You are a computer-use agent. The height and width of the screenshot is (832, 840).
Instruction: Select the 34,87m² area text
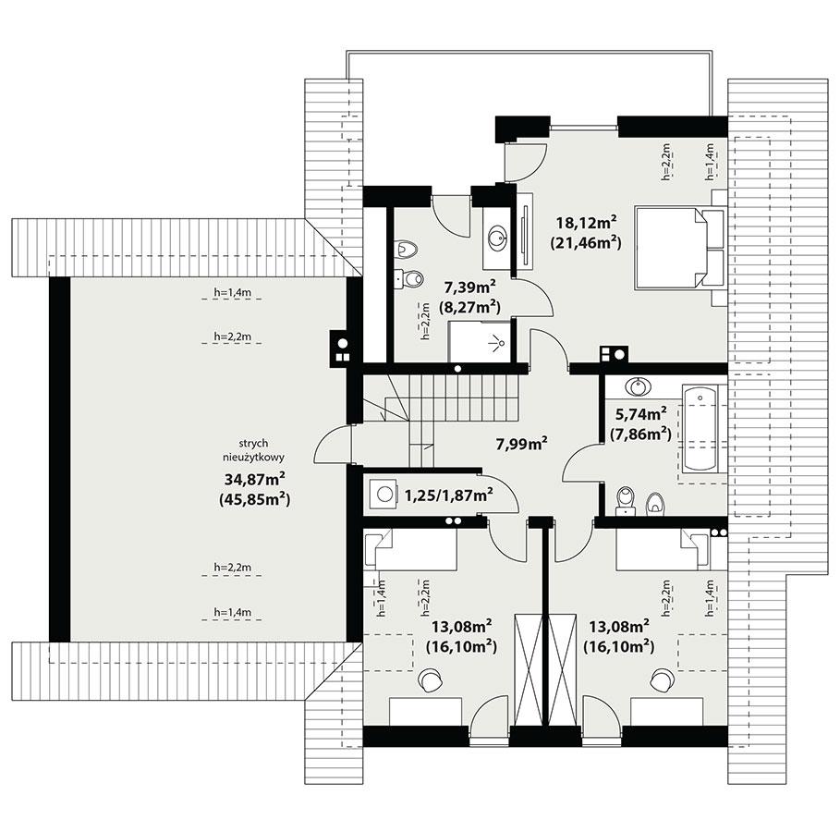(252, 479)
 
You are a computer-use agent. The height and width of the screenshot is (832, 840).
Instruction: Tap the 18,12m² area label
(585, 223)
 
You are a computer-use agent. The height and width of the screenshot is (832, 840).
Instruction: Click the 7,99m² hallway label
(521, 443)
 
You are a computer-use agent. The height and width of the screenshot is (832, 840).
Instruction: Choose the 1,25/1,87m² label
(447, 496)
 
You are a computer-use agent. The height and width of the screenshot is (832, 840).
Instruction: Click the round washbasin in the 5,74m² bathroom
(637, 386)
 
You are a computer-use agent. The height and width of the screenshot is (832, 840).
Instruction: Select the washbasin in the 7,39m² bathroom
(499, 238)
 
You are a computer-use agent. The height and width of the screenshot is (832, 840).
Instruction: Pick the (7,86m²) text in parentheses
(640, 433)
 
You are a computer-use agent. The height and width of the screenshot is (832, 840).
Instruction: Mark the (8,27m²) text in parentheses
(470, 307)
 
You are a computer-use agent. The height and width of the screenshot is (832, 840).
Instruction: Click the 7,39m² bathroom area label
(470, 288)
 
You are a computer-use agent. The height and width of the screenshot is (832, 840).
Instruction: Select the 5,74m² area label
(640, 413)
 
